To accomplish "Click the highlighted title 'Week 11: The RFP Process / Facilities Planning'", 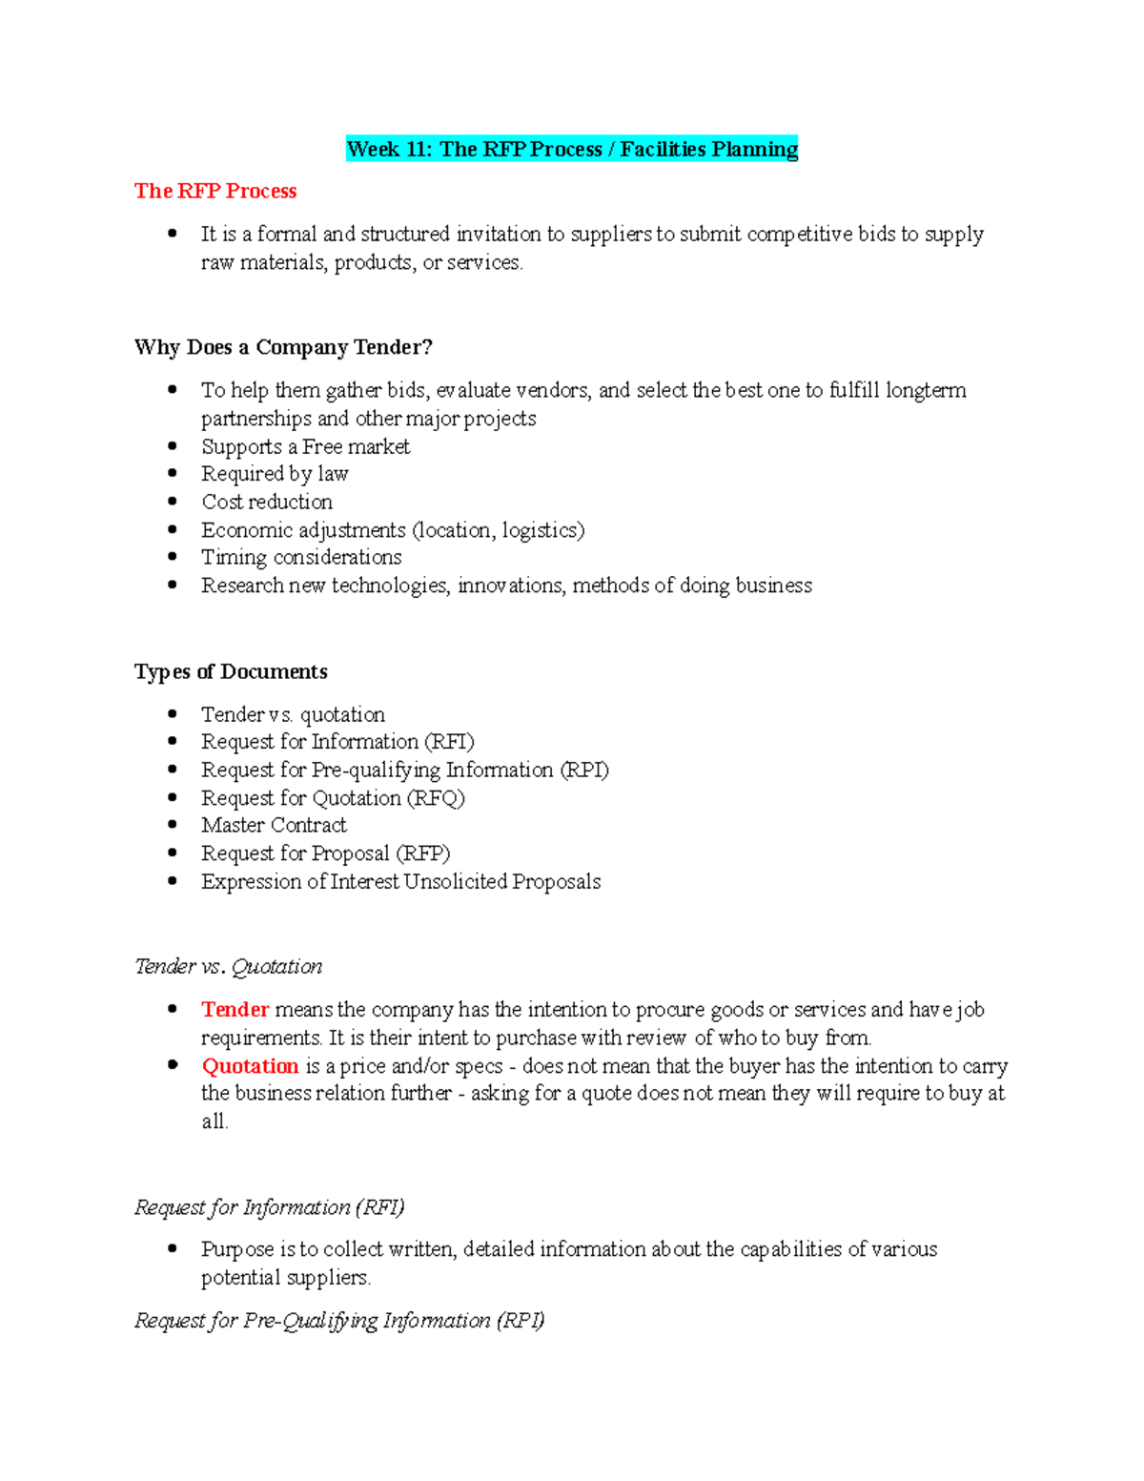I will tap(572, 149).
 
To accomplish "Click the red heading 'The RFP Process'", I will tap(215, 191).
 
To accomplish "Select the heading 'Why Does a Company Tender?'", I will tap(283, 347).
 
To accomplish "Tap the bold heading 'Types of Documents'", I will tap(231, 671).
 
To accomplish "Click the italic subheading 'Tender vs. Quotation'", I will tap(229, 966).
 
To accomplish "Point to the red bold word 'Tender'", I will tap(235, 1009).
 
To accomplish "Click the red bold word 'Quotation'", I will tap(250, 1065).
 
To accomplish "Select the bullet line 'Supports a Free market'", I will tap(305, 446).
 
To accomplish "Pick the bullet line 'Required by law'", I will tap(275, 474).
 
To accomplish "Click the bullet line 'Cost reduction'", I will tap(267, 502).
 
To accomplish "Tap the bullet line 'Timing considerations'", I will tap(301, 557).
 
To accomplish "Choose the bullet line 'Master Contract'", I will tap(274, 825).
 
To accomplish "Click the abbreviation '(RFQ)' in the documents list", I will tap(436, 797).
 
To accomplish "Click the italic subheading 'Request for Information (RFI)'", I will tap(270, 1207).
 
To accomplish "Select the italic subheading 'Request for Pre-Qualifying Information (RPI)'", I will tap(339, 1320).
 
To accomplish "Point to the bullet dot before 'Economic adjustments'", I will tap(173, 529).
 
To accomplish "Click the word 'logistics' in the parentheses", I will tap(540, 529).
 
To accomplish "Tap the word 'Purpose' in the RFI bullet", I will tap(237, 1249).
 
